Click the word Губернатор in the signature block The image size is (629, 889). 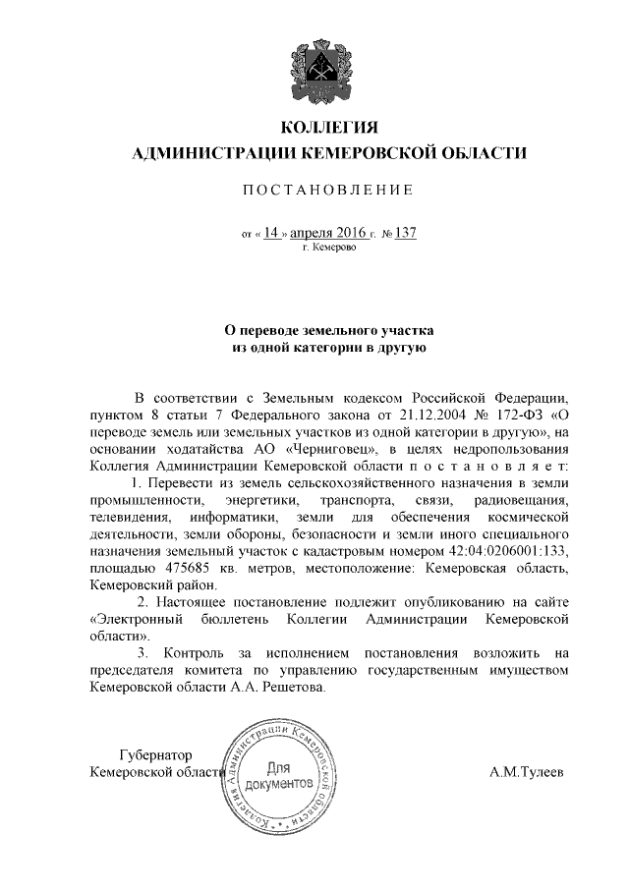pos(151,755)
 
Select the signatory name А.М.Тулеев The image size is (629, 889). pos(527,772)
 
